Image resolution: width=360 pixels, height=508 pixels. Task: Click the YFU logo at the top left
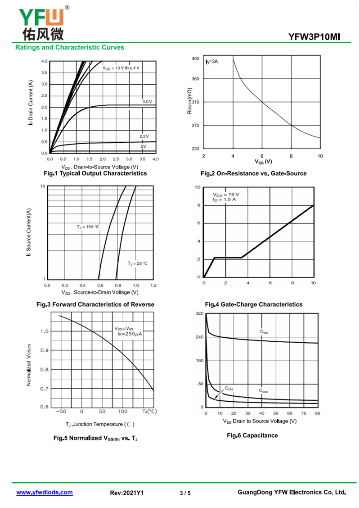pyautogui.click(x=41, y=23)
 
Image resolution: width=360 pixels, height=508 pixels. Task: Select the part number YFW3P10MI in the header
pyautogui.click(x=315, y=37)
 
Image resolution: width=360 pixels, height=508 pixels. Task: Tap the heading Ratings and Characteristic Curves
pyautogui.click(x=70, y=47)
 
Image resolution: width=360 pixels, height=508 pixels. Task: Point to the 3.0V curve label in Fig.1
pyautogui.click(x=147, y=102)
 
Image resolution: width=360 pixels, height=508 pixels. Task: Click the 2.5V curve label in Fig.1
pyautogui.click(x=144, y=136)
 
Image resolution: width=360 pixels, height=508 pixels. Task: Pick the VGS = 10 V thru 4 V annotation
pyautogui.click(x=121, y=68)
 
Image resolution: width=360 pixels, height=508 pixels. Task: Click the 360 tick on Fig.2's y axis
pyautogui.click(x=195, y=79)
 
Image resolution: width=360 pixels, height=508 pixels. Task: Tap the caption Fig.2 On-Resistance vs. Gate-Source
pyautogui.click(x=253, y=174)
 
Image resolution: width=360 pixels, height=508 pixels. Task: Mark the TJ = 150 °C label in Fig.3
pyautogui.click(x=88, y=227)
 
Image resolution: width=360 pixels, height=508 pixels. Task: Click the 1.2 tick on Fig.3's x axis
pyautogui.click(x=153, y=286)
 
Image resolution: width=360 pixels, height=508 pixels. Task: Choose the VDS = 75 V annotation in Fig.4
pyautogui.click(x=226, y=195)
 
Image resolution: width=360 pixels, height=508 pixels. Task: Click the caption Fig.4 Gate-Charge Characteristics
pyautogui.click(x=253, y=304)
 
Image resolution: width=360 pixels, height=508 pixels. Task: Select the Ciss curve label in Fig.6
pyautogui.click(x=264, y=332)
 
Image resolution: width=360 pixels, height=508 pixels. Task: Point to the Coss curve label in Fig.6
pyautogui.click(x=263, y=391)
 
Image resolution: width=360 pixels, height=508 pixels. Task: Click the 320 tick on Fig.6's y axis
pyautogui.click(x=199, y=313)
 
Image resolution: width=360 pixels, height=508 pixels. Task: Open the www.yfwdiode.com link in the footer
pyautogui.click(x=45, y=492)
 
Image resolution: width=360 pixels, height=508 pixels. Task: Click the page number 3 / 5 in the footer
pyautogui.click(x=185, y=493)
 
